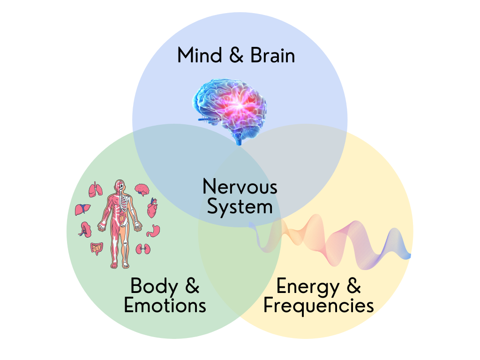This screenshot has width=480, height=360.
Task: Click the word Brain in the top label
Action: point(272,55)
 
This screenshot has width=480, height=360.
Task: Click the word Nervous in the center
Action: point(240,187)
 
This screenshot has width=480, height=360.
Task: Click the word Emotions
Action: point(165,306)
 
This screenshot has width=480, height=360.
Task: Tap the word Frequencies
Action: point(318,306)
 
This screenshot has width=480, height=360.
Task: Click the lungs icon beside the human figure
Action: point(96,190)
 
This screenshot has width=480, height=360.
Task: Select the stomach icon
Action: point(153,230)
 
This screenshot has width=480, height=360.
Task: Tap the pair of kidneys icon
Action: point(142,249)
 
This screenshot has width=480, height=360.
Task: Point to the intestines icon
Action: point(97,248)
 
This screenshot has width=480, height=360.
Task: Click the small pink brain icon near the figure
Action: point(142,189)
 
